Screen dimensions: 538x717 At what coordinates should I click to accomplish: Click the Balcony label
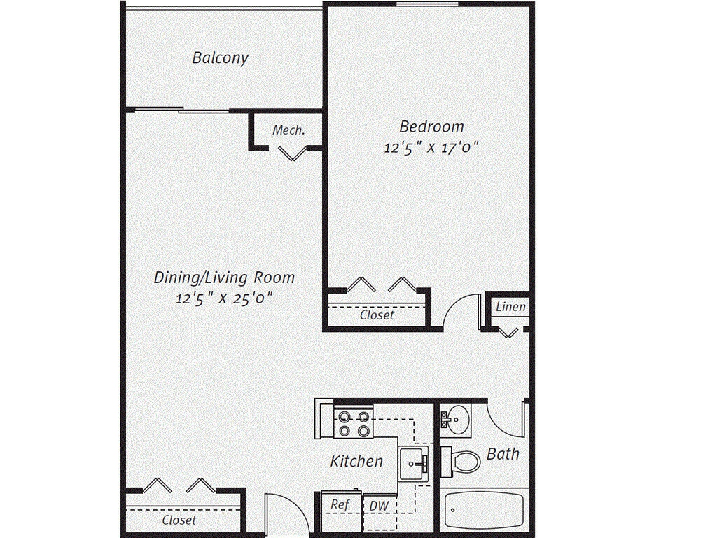[x=220, y=57]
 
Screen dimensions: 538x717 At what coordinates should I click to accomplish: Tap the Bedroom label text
[x=431, y=127]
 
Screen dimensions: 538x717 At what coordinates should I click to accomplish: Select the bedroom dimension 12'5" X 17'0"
[x=431, y=149]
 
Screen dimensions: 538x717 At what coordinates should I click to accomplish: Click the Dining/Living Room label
[x=224, y=277]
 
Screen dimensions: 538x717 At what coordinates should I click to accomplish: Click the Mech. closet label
[x=288, y=130]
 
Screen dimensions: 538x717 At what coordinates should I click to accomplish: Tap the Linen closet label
[x=510, y=307]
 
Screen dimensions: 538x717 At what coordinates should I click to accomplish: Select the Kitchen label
[x=356, y=461]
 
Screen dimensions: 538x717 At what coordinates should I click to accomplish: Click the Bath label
[x=503, y=454]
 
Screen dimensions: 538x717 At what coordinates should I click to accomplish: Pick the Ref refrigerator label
[x=340, y=504]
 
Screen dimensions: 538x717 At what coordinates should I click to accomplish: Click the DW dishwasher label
[x=379, y=506]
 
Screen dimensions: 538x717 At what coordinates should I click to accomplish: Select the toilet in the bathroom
[x=461, y=460]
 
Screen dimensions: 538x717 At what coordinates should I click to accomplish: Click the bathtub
[x=484, y=509]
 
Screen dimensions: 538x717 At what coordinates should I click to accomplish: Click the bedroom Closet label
[x=377, y=315]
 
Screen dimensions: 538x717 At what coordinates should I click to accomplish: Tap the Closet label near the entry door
[x=179, y=520]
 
